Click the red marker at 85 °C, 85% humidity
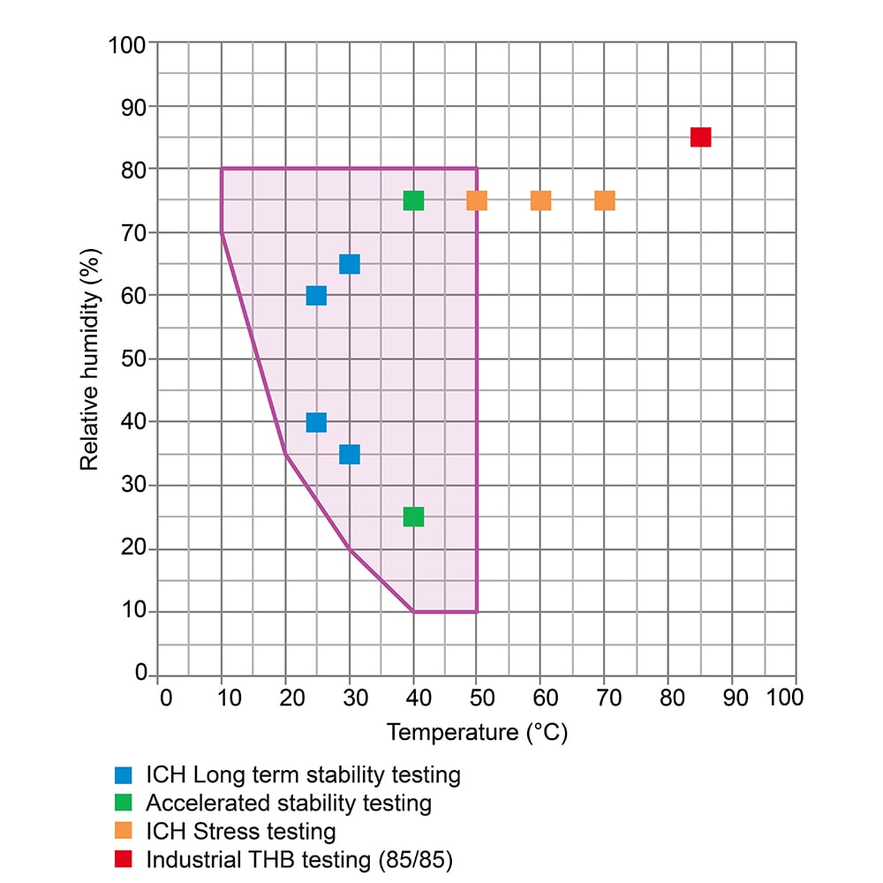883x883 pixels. (700, 137)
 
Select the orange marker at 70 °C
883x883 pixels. (605, 200)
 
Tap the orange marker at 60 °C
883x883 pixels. (540, 200)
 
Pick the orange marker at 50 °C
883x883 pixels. (477, 200)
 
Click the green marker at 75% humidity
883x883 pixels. (413, 200)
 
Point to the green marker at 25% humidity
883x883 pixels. (413, 517)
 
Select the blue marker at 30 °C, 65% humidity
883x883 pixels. (349, 264)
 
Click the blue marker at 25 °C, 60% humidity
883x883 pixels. (316, 296)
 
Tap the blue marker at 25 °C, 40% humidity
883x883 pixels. (316, 422)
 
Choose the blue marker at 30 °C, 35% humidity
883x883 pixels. (349, 454)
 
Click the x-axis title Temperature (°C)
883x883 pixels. (477, 732)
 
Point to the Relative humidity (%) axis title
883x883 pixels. (89, 358)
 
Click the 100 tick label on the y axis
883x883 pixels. (127, 43)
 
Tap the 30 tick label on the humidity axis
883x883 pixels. (133, 485)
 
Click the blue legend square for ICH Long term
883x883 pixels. (124, 775)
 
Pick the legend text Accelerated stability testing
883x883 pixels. (289, 804)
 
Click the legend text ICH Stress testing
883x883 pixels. (241, 831)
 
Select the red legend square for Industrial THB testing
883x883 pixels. (124, 859)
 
